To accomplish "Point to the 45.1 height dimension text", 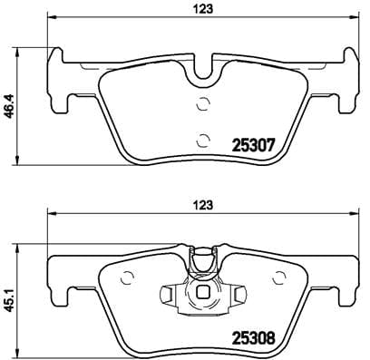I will point(10,293).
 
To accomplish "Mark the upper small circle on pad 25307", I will point(203,103).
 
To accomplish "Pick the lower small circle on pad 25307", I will point(203,139).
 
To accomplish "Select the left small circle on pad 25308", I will point(128,279).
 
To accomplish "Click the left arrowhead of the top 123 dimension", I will point(51,18).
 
